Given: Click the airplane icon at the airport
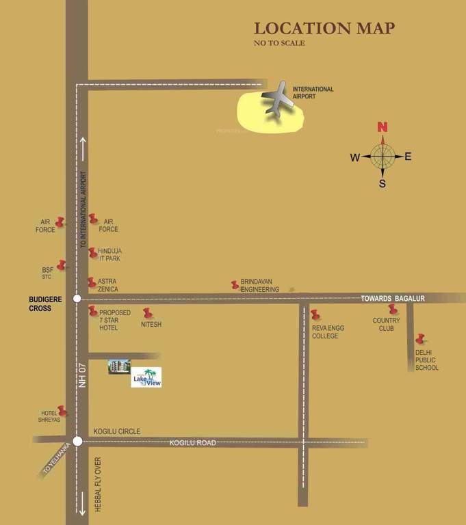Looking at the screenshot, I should pyautogui.click(x=279, y=101).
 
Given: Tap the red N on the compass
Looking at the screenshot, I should pyautogui.click(x=383, y=127).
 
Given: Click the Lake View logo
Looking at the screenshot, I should pyautogui.click(x=146, y=377).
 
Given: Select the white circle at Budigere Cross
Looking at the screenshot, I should pyautogui.click(x=77, y=298).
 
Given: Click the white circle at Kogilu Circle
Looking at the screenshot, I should pyautogui.click(x=77, y=441).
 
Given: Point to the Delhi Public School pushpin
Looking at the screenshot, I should pyautogui.click(x=419, y=338).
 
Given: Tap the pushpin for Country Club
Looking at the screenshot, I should pyautogui.click(x=392, y=309).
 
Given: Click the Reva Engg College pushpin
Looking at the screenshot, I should pyautogui.click(x=315, y=314).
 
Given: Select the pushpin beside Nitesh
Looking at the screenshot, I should pyautogui.click(x=147, y=313).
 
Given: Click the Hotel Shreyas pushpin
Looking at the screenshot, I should pyautogui.click(x=62, y=410).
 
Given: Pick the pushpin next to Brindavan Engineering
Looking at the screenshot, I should pyautogui.click(x=235, y=284).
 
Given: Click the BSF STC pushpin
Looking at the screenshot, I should pyautogui.click(x=61, y=265).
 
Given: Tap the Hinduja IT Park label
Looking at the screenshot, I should pyautogui.click(x=110, y=255).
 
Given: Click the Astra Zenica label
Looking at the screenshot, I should pyautogui.click(x=108, y=286).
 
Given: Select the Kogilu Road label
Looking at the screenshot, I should pyautogui.click(x=193, y=443).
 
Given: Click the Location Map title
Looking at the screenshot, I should pyautogui.click(x=324, y=28).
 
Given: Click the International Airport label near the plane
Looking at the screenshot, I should pyautogui.click(x=313, y=93).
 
